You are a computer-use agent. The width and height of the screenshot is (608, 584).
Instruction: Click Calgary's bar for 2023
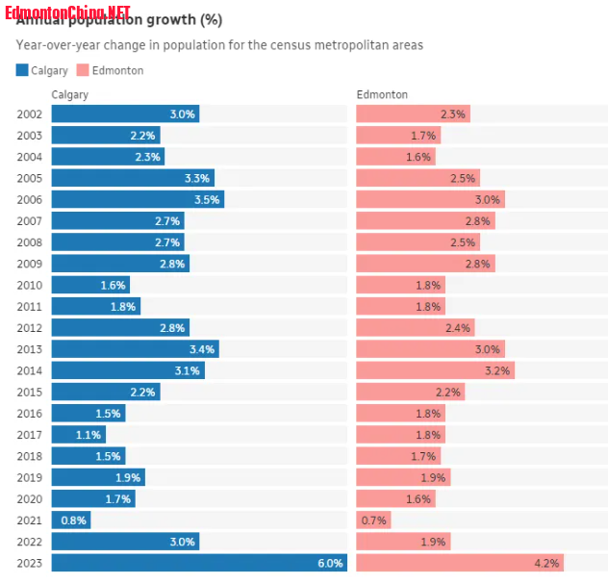tap(199, 563)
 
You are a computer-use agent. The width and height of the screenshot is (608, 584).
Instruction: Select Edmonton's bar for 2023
tap(460, 563)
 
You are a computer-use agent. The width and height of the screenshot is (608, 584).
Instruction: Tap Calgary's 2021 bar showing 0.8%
tap(71, 521)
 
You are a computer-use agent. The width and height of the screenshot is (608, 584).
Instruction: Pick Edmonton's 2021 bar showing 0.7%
tap(373, 521)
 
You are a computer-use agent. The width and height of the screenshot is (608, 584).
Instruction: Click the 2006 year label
tap(30, 199)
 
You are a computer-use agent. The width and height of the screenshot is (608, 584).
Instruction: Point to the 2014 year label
tap(30, 370)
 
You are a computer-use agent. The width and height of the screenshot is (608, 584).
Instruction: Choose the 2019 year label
tap(30, 477)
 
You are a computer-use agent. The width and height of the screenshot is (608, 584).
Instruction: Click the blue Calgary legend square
tap(22, 70)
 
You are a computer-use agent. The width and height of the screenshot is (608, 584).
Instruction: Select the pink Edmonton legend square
tap(82, 70)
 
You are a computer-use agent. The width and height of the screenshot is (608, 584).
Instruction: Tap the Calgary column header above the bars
tap(69, 94)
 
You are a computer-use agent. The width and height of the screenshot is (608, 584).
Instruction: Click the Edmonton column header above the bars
tap(382, 94)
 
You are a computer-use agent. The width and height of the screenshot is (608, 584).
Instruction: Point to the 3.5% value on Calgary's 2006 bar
tap(207, 200)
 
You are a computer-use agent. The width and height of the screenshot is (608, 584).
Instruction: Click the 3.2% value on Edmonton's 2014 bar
tap(497, 370)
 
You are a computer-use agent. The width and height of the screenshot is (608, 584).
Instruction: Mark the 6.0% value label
tap(331, 564)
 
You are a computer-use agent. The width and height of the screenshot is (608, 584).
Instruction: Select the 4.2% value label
tap(547, 564)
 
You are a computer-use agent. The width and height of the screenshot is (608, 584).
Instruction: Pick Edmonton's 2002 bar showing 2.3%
tap(413, 114)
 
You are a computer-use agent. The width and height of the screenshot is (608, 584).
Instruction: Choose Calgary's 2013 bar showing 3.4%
tap(135, 349)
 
